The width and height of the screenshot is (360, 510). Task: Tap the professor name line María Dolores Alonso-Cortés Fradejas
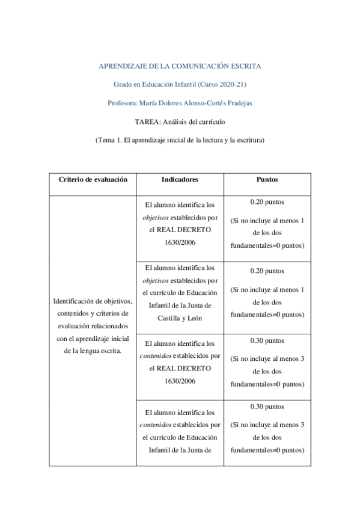[x=180, y=102]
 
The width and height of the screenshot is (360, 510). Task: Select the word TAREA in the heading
[x=146, y=121]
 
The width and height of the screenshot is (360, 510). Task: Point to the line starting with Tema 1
[x=180, y=140]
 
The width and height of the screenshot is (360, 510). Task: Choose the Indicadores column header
[x=180, y=179]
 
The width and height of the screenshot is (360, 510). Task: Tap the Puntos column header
[x=267, y=179]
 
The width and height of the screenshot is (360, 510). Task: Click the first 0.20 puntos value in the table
[x=267, y=202]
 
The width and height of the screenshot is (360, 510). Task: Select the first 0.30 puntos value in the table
[x=267, y=340]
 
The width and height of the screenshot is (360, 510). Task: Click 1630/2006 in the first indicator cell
[x=180, y=242]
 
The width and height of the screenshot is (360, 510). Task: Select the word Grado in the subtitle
[x=122, y=84]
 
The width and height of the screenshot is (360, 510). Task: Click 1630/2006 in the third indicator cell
[x=180, y=381]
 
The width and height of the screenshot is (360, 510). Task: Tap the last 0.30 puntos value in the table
[x=267, y=407]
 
